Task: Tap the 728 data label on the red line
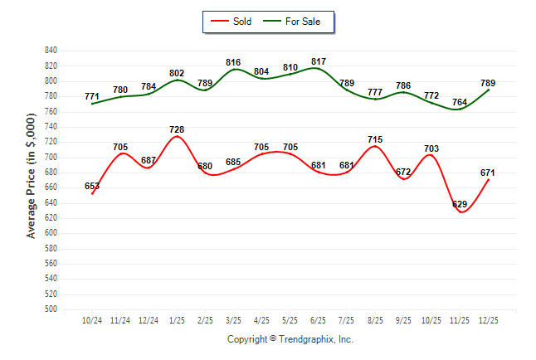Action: click(177, 129)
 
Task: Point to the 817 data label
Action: click(318, 61)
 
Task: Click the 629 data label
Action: click(459, 204)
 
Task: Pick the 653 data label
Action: click(92, 187)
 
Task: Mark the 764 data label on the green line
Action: click(459, 103)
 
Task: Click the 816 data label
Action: click(233, 62)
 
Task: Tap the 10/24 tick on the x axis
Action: click(92, 319)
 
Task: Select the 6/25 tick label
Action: click(318, 319)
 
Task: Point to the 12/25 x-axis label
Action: click(487, 319)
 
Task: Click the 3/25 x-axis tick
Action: click(233, 319)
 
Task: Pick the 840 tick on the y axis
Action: click(51, 51)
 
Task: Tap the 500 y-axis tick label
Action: click(51, 309)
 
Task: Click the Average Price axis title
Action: click(32, 179)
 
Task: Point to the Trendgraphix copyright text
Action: click(290, 339)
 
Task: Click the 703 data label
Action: click(431, 148)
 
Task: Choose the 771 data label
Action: click(92, 96)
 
